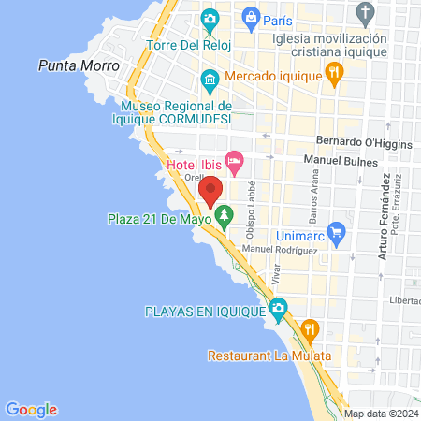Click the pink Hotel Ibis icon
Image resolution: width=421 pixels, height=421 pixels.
234,165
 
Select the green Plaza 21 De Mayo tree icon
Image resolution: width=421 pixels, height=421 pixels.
224,218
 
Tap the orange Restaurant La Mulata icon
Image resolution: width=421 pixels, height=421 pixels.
311,329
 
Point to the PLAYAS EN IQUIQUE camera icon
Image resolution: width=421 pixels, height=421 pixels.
278,308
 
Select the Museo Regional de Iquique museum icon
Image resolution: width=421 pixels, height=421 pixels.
210,79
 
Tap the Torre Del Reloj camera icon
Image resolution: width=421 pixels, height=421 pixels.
210,19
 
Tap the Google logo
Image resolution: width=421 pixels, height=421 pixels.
32,409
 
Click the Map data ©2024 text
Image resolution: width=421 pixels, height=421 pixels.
379,414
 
